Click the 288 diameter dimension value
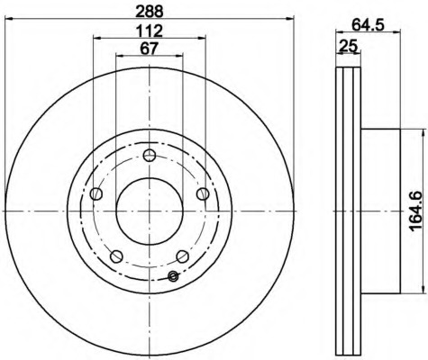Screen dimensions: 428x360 (x=150, y=12)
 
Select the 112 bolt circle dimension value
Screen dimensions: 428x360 (x=150, y=31)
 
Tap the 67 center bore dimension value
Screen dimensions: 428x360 (x=150, y=49)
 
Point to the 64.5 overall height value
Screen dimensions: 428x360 (x=368, y=24)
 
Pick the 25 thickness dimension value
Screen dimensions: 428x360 (x=349, y=46)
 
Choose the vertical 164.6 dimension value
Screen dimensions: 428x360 (x=416, y=211)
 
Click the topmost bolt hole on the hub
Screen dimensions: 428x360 (x=150, y=155)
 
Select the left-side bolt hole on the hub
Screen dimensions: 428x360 (x=96, y=193)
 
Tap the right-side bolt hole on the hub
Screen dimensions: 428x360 (x=203, y=193)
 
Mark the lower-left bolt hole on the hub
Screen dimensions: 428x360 (x=116, y=256)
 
